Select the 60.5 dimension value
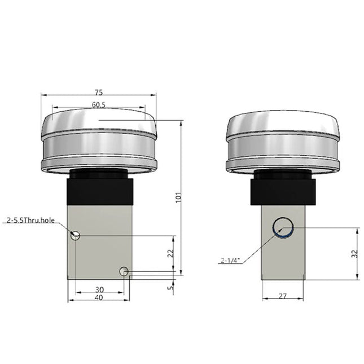(x=99, y=104)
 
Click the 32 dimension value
(x=355, y=254)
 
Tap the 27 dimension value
(x=283, y=294)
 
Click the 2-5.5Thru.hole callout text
(x=30, y=220)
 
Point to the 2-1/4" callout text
(x=230, y=261)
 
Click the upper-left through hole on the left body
(x=76, y=235)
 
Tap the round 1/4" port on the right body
(x=283, y=227)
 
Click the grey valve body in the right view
(x=283, y=257)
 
